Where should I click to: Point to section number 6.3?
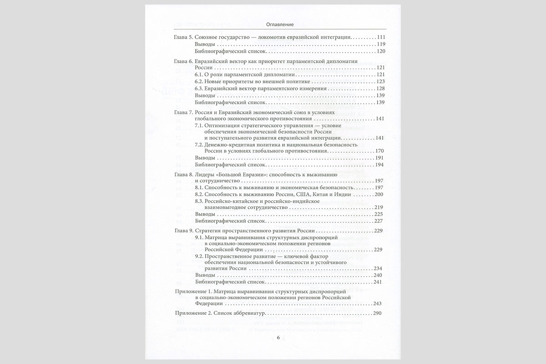[199, 88]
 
